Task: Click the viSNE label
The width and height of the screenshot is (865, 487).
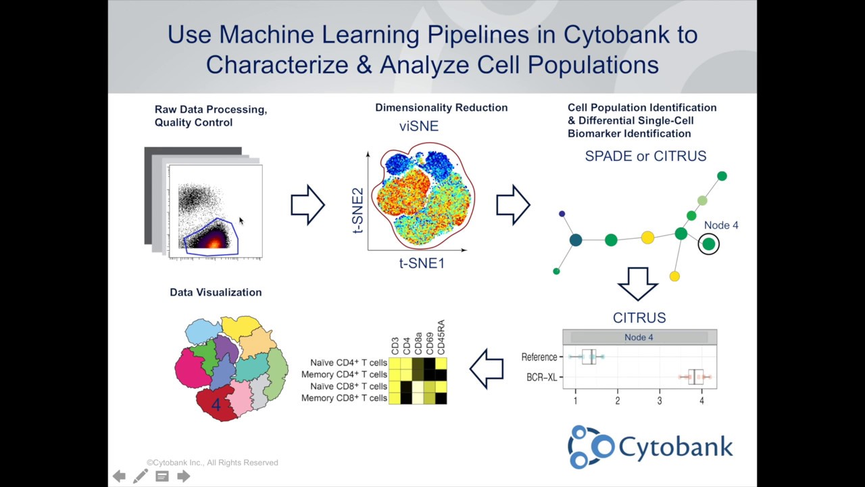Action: tap(419, 126)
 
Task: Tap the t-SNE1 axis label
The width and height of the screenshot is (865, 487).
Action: tap(422, 263)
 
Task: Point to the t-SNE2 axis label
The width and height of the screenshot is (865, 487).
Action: tap(357, 211)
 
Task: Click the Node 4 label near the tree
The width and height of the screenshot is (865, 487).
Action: tap(721, 225)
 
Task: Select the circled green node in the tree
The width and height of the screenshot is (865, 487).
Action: tap(708, 244)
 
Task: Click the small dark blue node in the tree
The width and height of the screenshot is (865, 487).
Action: tap(562, 214)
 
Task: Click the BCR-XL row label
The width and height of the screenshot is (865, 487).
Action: tap(541, 377)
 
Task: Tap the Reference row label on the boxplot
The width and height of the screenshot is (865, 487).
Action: tap(539, 357)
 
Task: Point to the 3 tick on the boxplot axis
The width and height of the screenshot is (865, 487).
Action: tap(660, 401)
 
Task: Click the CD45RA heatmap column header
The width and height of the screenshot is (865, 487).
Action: tap(441, 338)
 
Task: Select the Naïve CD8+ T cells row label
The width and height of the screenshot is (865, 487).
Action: tap(349, 386)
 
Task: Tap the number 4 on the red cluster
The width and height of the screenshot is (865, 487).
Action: tap(216, 405)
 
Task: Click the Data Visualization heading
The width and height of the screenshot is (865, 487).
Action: tap(216, 292)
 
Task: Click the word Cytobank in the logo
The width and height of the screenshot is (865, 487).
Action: tap(675, 446)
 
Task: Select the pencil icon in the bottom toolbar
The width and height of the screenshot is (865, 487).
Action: tap(141, 476)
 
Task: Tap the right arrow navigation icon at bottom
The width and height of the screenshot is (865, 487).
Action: tap(183, 476)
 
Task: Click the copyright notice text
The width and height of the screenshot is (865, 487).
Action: tap(212, 463)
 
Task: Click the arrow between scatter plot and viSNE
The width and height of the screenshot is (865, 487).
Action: tap(307, 204)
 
